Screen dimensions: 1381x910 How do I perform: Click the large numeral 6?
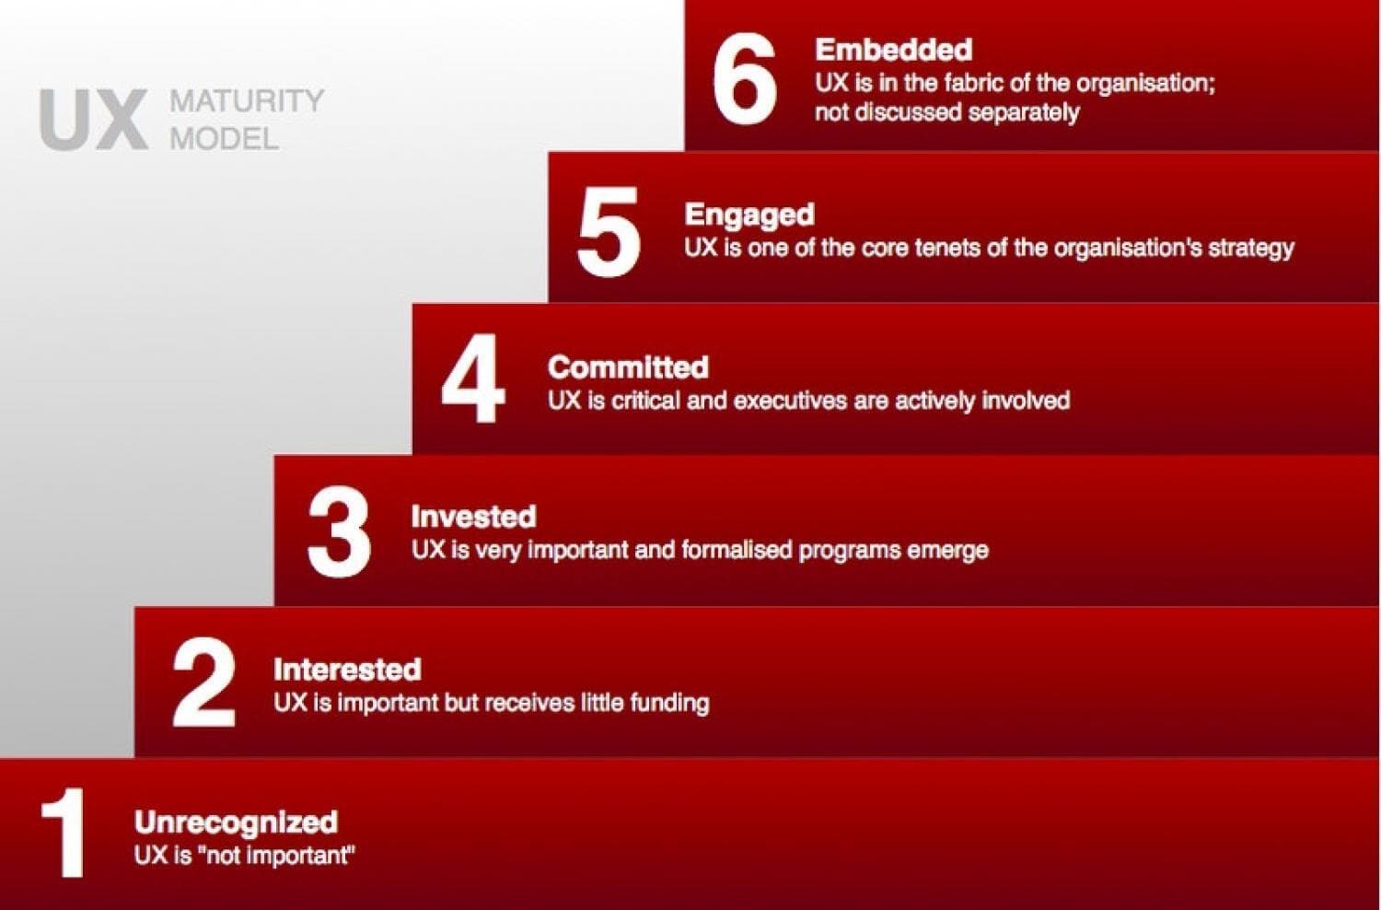pyautogui.click(x=745, y=78)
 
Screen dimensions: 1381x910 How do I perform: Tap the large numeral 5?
pyautogui.click(x=609, y=231)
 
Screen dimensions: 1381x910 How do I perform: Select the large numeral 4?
pyautogui.click(x=473, y=379)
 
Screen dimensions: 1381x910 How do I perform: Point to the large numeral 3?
pyautogui.click(x=339, y=531)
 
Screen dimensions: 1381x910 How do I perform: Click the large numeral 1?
pyautogui.click(x=63, y=833)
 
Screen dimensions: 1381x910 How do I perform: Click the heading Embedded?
pyautogui.click(x=894, y=50)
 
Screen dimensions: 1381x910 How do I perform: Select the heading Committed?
pyautogui.click(x=628, y=367)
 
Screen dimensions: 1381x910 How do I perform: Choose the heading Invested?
pyautogui.click(x=473, y=517)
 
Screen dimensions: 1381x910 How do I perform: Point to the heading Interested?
pyautogui.click(x=348, y=670)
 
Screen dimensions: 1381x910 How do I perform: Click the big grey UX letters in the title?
pyautogui.click(x=94, y=120)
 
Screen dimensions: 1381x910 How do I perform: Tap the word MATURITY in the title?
pyautogui.click(x=247, y=100)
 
